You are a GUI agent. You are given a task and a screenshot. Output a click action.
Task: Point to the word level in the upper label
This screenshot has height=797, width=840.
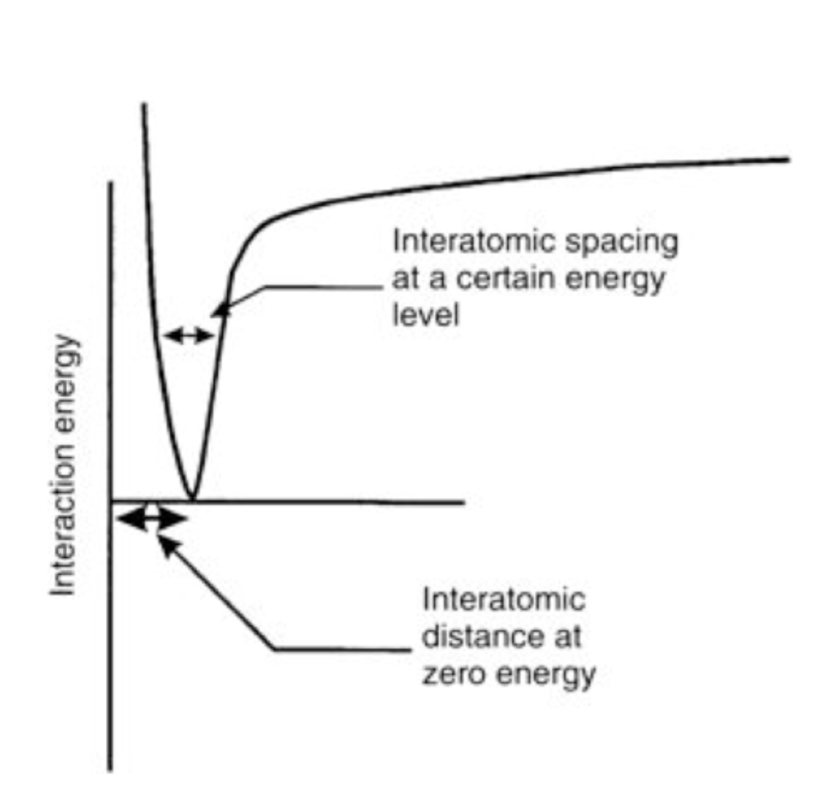[425, 315]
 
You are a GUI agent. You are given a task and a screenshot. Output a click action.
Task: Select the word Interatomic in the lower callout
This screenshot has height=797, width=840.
[503, 600]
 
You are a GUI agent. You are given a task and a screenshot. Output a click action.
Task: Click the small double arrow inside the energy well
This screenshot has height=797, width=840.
[188, 336]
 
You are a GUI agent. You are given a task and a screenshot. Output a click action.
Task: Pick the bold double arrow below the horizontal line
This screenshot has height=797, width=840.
[151, 519]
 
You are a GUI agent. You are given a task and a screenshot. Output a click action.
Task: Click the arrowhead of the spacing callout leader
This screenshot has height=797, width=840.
[220, 308]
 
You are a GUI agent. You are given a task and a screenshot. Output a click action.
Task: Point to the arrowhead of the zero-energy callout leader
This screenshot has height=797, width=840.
[164, 543]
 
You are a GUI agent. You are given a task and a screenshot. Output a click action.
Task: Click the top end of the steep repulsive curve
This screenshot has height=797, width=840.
[144, 106]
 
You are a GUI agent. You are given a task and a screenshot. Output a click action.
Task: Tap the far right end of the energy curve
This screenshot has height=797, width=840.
[788, 159]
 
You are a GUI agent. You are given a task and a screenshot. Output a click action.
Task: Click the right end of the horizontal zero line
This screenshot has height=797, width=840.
[463, 503]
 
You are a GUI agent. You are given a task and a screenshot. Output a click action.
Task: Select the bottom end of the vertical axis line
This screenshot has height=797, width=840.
[110, 769]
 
